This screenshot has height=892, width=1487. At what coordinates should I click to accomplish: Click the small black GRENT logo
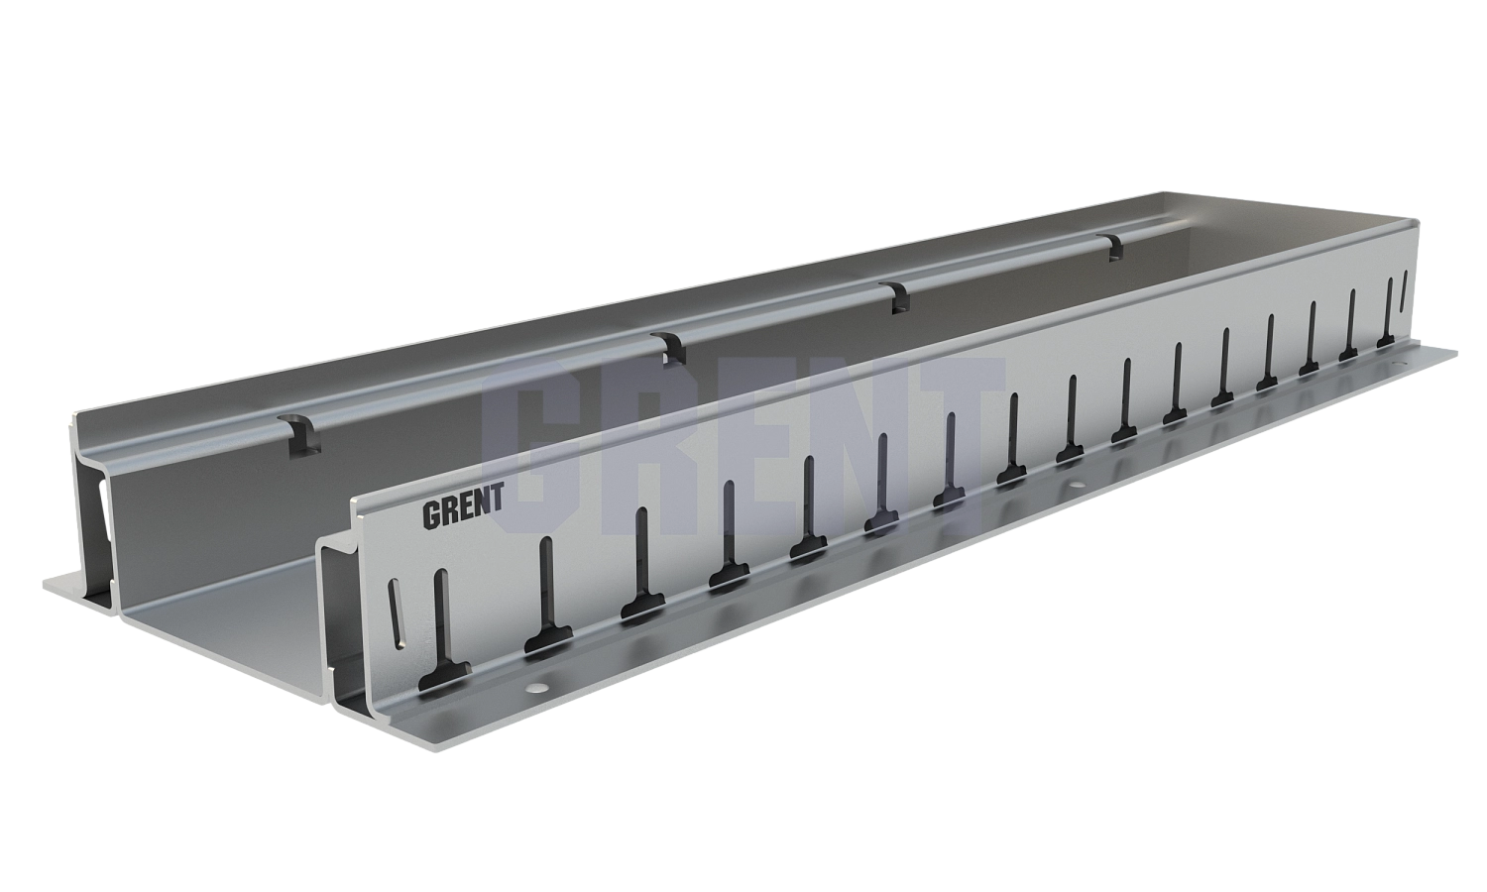coord(463,513)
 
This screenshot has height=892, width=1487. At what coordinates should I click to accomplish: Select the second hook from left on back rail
coord(670,347)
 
